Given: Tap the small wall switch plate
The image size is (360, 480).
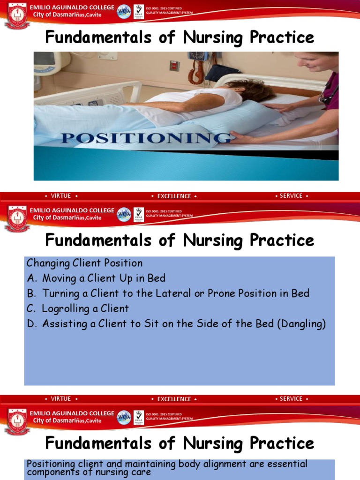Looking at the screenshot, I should click(x=174, y=66).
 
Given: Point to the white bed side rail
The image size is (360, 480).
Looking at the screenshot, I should click(x=89, y=91).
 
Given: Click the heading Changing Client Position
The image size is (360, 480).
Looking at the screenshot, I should click(x=84, y=263).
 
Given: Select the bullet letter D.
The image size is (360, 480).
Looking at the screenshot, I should click(x=32, y=324).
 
